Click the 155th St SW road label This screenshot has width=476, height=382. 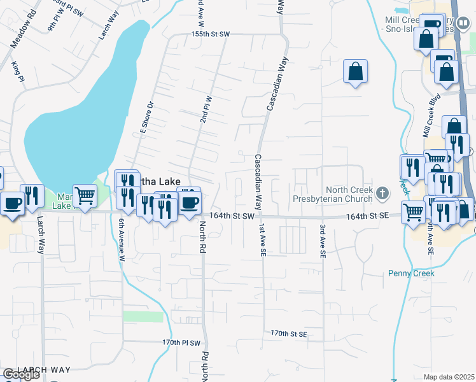[210, 34]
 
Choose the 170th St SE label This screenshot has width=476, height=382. [288, 333]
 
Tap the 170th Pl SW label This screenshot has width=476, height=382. [181, 342]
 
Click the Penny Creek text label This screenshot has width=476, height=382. [411, 273]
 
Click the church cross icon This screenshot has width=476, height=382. [382, 192]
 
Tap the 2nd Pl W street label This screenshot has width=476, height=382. [206, 110]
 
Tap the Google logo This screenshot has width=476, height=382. [21, 374]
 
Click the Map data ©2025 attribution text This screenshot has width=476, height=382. [449, 377]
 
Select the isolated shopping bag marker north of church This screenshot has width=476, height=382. [356, 72]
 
